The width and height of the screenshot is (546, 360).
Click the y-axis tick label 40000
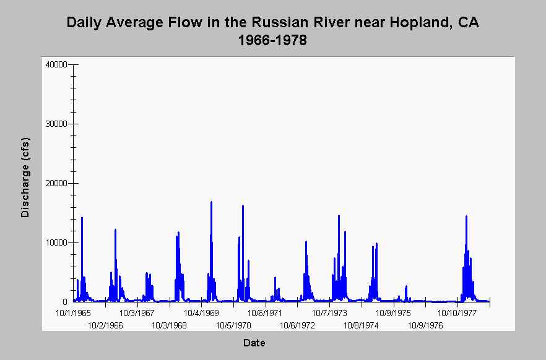(x=56, y=65)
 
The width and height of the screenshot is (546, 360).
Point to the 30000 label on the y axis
(x=56, y=124)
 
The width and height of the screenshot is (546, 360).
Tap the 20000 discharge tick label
(x=56, y=184)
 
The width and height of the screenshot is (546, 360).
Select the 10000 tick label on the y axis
(x=56, y=242)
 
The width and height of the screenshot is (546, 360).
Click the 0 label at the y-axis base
(x=65, y=302)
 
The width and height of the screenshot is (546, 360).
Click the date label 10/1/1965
(x=73, y=314)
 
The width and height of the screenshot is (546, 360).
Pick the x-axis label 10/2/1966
(x=105, y=326)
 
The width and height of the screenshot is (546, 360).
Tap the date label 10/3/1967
(x=137, y=314)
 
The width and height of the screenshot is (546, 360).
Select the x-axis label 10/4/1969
(x=201, y=314)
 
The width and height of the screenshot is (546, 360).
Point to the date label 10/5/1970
(x=233, y=326)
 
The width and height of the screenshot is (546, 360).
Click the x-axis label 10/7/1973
(x=329, y=314)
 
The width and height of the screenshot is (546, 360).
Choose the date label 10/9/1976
(x=425, y=326)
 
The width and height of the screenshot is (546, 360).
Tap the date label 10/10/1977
(x=457, y=314)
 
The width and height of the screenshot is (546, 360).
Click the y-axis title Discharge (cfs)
(x=25, y=178)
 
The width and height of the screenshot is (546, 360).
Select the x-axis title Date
(x=254, y=343)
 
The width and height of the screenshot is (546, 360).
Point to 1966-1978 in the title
(x=272, y=40)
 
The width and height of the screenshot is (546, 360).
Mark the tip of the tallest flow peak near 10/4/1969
(x=211, y=202)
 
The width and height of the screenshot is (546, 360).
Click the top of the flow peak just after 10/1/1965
(x=82, y=217)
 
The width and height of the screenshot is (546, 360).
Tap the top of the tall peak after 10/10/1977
(x=466, y=216)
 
